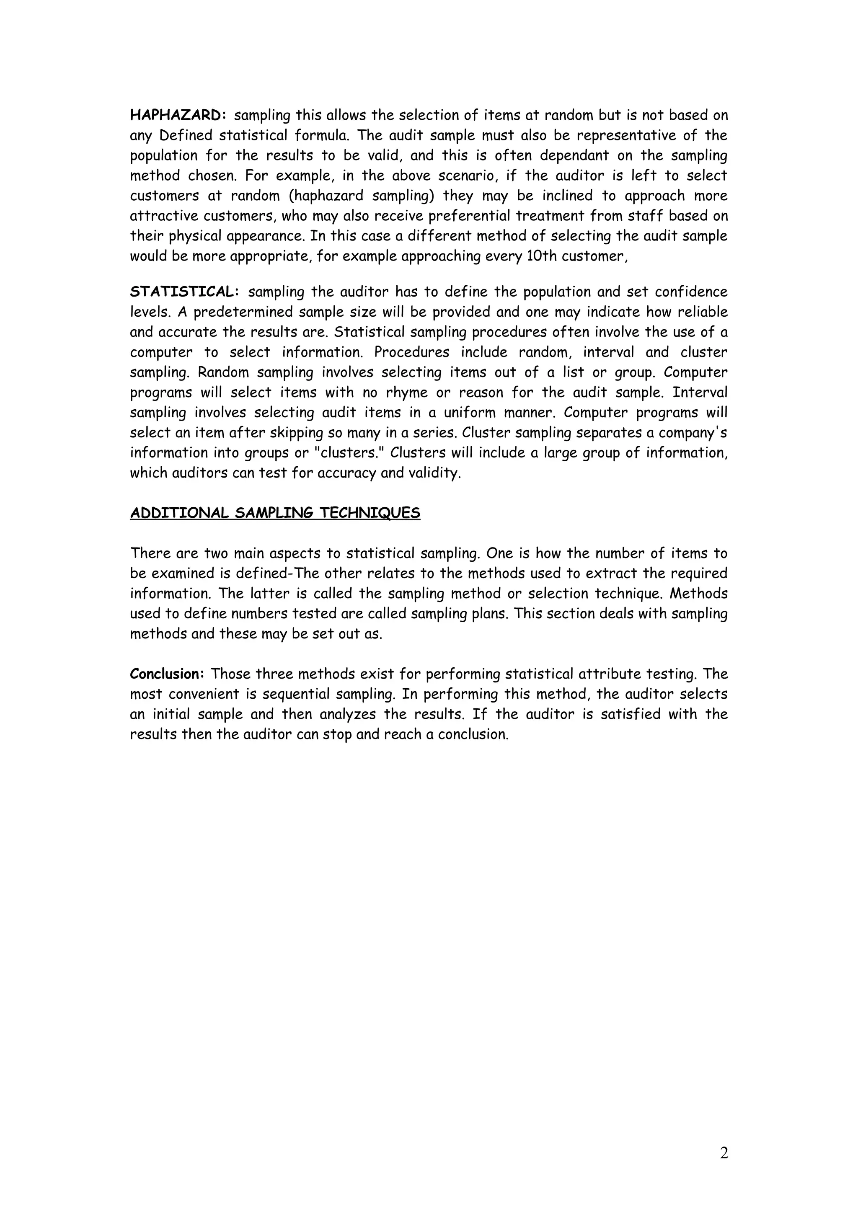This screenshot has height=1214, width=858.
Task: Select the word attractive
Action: [164, 216]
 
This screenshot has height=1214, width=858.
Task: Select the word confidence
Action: [691, 292]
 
